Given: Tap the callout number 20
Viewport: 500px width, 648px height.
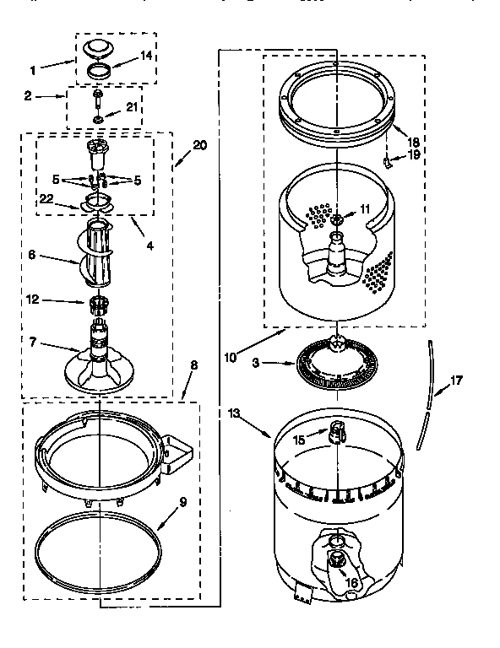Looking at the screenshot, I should (x=199, y=144).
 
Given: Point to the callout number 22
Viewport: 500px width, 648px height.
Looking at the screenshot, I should (x=46, y=198).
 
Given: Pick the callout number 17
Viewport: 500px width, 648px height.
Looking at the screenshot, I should (x=456, y=381).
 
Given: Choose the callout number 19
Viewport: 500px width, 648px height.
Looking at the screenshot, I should (x=413, y=154).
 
